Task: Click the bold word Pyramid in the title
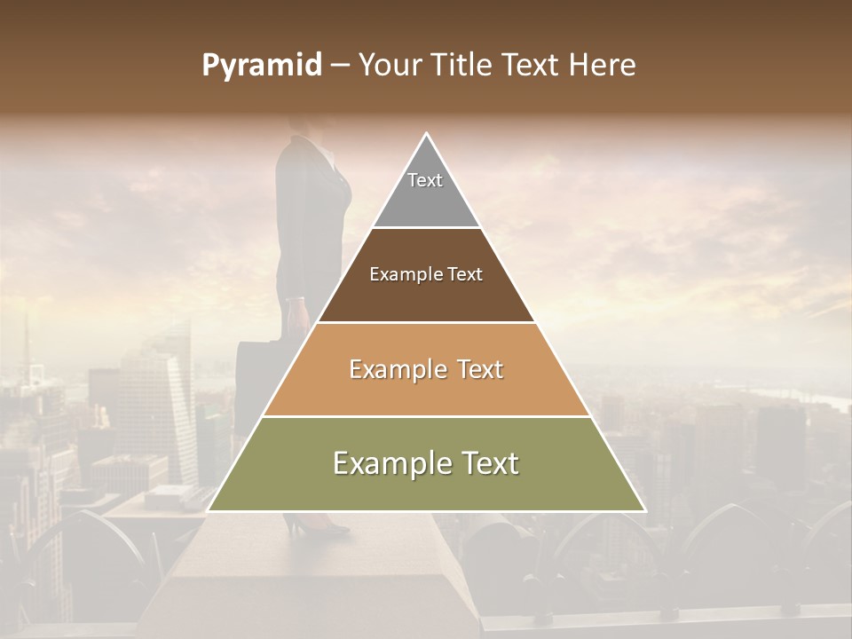click(x=261, y=66)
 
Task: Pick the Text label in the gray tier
click(x=425, y=180)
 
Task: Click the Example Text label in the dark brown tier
click(x=426, y=274)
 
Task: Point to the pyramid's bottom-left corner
click(x=209, y=510)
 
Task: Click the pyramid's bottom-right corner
click(x=644, y=510)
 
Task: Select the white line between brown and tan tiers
click(x=426, y=322)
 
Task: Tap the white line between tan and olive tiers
click(x=426, y=416)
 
